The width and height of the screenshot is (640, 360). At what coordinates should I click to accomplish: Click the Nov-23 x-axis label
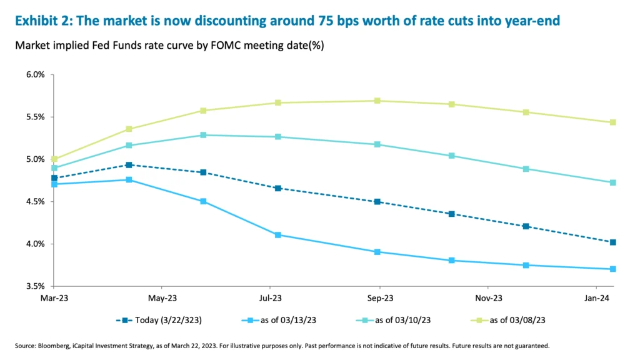click(x=489, y=298)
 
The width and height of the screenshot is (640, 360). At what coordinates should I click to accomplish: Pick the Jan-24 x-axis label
click(x=597, y=298)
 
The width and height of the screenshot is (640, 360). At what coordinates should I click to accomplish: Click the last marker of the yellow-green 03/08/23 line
click(x=613, y=122)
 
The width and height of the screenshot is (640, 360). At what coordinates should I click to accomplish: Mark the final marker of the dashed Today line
click(x=613, y=242)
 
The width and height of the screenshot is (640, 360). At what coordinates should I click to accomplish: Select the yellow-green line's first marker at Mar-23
click(x=54, y=159)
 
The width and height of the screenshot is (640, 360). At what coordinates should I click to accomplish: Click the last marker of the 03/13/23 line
click(x=613, y=269)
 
